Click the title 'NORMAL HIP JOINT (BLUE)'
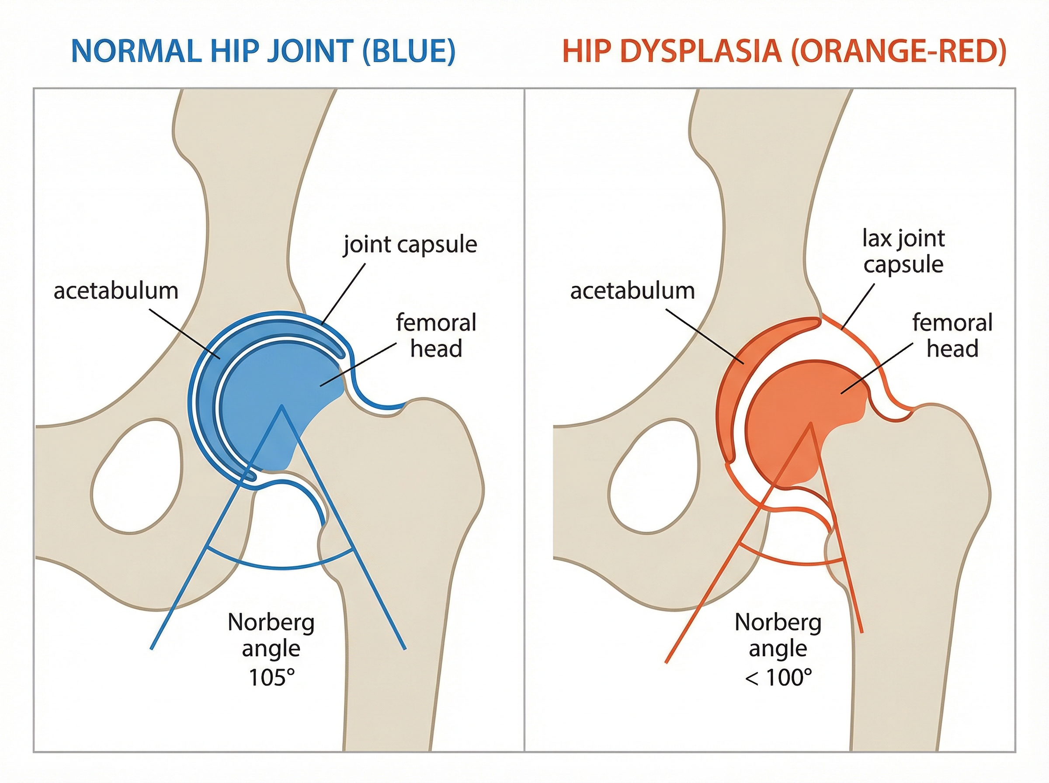point(263,51)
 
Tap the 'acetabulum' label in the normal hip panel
point(116,291)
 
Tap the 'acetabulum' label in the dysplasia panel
point(632,291)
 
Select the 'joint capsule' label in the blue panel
point(410,245)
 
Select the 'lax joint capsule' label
point(903,251)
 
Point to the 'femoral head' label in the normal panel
point(436,336)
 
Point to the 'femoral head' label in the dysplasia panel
point(952,336)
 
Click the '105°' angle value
point(271,677)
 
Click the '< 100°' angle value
point(778,677)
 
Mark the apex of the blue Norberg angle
point(282,406)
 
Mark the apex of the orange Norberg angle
point(810,423)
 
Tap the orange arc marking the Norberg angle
point(792,564)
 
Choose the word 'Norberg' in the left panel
point(271,622)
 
